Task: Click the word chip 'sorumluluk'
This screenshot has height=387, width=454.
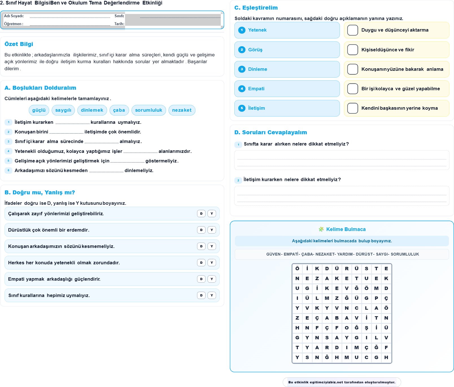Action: tap(149, 110)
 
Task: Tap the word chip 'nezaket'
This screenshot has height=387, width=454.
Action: tap(182, 110)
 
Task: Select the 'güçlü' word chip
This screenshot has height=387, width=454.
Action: tap(39, 110)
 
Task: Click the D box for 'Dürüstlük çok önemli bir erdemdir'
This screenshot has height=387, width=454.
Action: tap(201, 230)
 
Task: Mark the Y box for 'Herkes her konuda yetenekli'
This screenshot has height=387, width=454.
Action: tap(212, 263)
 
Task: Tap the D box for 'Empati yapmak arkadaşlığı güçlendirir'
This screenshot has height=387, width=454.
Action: tap(201, 279)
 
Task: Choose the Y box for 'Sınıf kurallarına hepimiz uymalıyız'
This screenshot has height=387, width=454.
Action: tap(212, 295)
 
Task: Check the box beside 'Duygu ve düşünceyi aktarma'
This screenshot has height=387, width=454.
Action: tap(353, 30)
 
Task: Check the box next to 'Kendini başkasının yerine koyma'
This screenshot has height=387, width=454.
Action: tap(353, 108)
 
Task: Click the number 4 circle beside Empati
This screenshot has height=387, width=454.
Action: tap(242, 89)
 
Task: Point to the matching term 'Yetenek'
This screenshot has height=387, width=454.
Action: tap(257, 30)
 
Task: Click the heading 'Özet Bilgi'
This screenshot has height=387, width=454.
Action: tap(19, 44)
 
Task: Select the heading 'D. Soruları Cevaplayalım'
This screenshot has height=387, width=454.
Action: tap(270, 132)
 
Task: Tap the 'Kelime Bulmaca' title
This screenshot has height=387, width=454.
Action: tap(346, 229)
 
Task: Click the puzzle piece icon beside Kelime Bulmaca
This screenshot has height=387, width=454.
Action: tap(321, 229)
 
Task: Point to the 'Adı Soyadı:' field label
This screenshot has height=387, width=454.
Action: tap(14, 16)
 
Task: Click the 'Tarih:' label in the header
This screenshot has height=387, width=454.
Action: tap(119, 24)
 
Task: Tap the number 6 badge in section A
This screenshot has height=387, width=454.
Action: tap(8, 170)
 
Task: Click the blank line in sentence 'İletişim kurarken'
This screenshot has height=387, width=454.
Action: tap(72, 123)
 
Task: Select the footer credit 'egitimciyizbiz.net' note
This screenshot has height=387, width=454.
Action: tap(342, 382)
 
